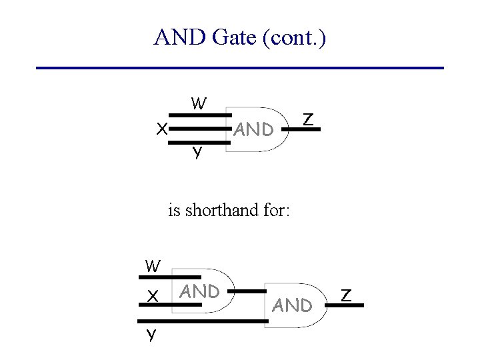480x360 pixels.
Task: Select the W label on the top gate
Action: (199, 104)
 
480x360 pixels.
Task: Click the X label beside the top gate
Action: (161, 129)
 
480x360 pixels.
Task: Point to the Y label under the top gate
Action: (197, 153)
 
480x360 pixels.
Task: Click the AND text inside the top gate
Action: (254, 129)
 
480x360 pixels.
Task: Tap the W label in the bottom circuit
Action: (153, 266)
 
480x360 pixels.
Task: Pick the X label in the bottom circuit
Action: (153, 296)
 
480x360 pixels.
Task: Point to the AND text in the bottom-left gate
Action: (200, 291)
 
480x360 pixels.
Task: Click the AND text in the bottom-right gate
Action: (293, 305)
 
